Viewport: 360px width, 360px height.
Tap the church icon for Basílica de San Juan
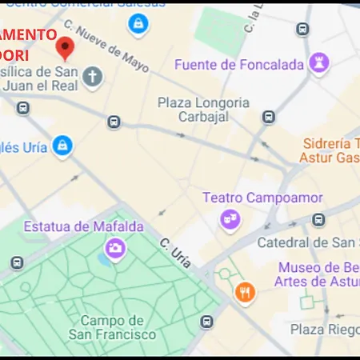pyautogui.click(x=94, y=77)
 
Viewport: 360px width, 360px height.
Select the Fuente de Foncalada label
pyautogui.click(x=238, y=65)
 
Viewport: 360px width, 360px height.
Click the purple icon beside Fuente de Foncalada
pyautogui.click(x=320, y=62)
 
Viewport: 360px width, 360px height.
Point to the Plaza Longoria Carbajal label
pyautogui.click(x=203, y=110)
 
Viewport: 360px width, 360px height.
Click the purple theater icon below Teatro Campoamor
pyautogui.click(x=230, y=218)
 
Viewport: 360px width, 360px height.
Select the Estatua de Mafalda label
pyautogui.click(x=83, y=226)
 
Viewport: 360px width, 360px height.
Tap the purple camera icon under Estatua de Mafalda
pyautogui.click(x=115, y=248)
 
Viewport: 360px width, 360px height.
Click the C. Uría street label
pyautogui.click(x=175, y=249)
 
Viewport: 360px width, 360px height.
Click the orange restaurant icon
pyautogui.click(x=246, y=293)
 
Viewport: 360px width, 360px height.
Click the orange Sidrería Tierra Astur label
pyautogui.click(x=330, y=150)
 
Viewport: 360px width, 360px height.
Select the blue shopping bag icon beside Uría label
pyautogui.click(x=62, y=146)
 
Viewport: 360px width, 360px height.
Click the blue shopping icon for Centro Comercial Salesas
pyautogui.click(x=138, y=24)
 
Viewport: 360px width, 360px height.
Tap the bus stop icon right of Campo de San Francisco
pyautogui.click(x=207, y=322)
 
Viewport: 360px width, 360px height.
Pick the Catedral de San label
pyautogui.click(x=307, y=242)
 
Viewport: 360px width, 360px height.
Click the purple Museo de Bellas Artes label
pyautogui.click(x=316, y=274)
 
